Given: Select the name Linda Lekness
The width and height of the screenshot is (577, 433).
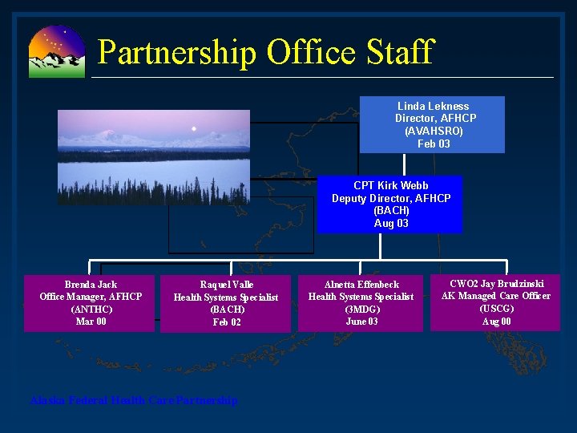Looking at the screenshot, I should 433,106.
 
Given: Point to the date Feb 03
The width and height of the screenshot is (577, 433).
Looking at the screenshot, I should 434,144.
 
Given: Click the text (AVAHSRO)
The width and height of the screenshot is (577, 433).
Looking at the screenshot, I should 434,132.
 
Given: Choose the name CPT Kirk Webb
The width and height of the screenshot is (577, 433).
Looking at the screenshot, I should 391,185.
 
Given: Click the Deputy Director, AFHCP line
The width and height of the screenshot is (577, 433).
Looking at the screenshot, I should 391,198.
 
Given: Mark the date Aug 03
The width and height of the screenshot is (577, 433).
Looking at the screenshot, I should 391,224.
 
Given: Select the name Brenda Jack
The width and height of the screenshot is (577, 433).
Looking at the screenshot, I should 91,285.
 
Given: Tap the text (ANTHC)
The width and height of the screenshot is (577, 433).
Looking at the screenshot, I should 91,310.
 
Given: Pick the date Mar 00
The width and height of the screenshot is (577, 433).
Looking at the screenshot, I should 91,322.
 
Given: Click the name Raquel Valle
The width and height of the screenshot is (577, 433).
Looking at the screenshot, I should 226,285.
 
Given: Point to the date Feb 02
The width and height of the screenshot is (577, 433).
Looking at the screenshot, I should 226,322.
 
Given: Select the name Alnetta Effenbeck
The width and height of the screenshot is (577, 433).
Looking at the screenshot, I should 361,285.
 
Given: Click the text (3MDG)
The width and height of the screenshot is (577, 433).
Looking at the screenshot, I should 361,310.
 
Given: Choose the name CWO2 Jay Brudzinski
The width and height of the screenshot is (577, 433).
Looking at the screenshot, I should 496,284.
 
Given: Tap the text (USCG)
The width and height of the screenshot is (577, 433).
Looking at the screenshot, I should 496,309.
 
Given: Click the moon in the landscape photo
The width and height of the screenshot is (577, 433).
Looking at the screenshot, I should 193,128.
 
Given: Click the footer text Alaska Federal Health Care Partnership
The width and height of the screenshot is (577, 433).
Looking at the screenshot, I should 134,400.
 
